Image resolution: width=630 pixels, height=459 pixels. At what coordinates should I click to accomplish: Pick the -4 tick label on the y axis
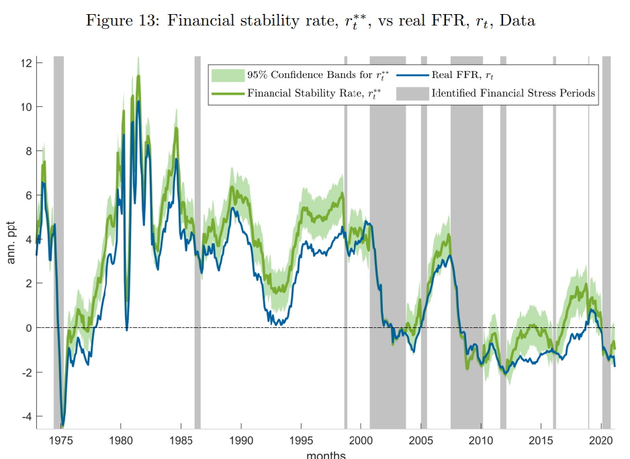pyautogui.click(x=27, y=417)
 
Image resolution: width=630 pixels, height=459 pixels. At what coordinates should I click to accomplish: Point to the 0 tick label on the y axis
pyautogui.click(x=30, y=328)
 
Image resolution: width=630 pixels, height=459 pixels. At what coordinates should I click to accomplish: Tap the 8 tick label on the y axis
pyautogui.click(x=30, y=151)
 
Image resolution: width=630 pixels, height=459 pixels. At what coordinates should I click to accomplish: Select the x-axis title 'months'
pyautogui.click(x=326, y=455)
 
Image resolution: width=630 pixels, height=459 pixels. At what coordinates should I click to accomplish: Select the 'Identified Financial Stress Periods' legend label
pyautogui.click(x=514, y=93)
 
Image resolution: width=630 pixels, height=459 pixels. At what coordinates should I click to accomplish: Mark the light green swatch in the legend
pyautogui.click(x=227, y=75)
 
